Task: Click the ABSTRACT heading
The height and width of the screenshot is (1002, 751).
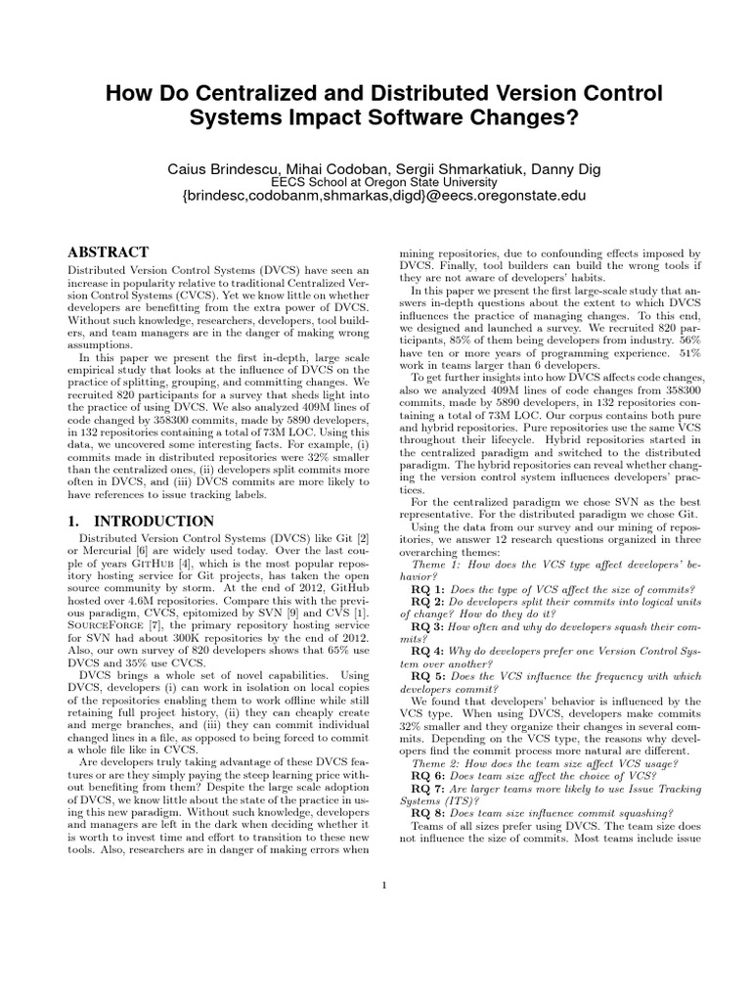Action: pyautogui.click(x=108, y=251)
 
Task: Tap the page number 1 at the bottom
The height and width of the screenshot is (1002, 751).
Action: pyautogui.click(x=385, y=886)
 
